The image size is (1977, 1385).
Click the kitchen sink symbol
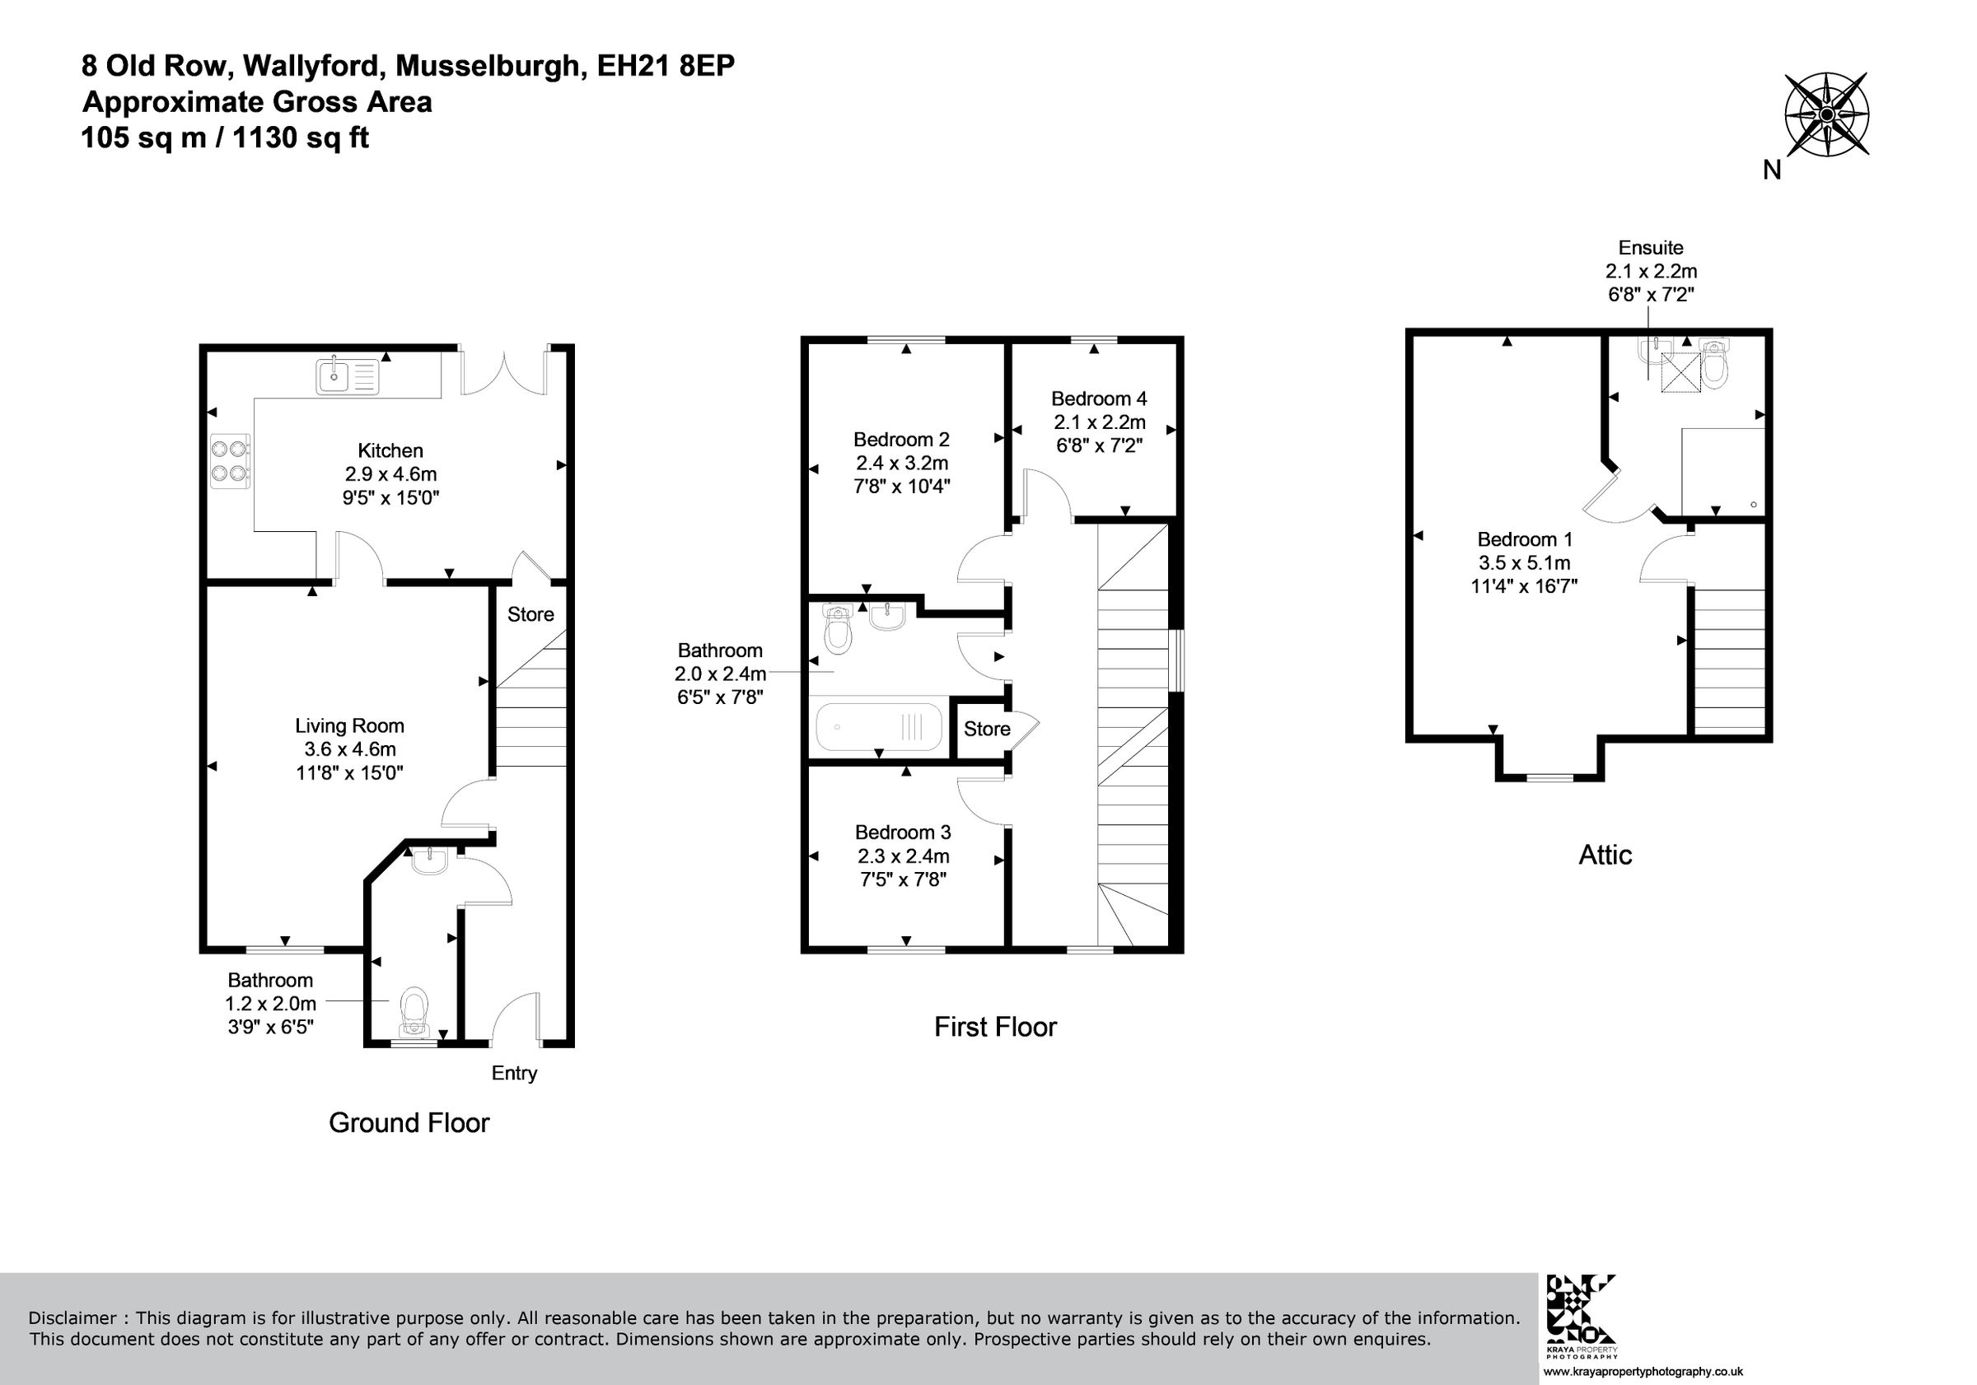tap(347, 376)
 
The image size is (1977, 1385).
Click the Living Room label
tap(348, 725)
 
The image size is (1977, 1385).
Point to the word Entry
tap(514, 1073)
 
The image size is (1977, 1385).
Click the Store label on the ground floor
tap(530, 613)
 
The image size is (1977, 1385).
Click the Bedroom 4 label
tap(1099, 399)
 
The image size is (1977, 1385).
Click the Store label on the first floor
tap(987, 729)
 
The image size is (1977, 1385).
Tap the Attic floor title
tap(1605, 855)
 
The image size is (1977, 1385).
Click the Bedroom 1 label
tap(1525, 539)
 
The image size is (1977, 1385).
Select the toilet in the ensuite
tap(1714, 365)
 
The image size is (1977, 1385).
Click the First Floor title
tap(995, 1027)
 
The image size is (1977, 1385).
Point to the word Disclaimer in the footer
tap(72, 1317)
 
